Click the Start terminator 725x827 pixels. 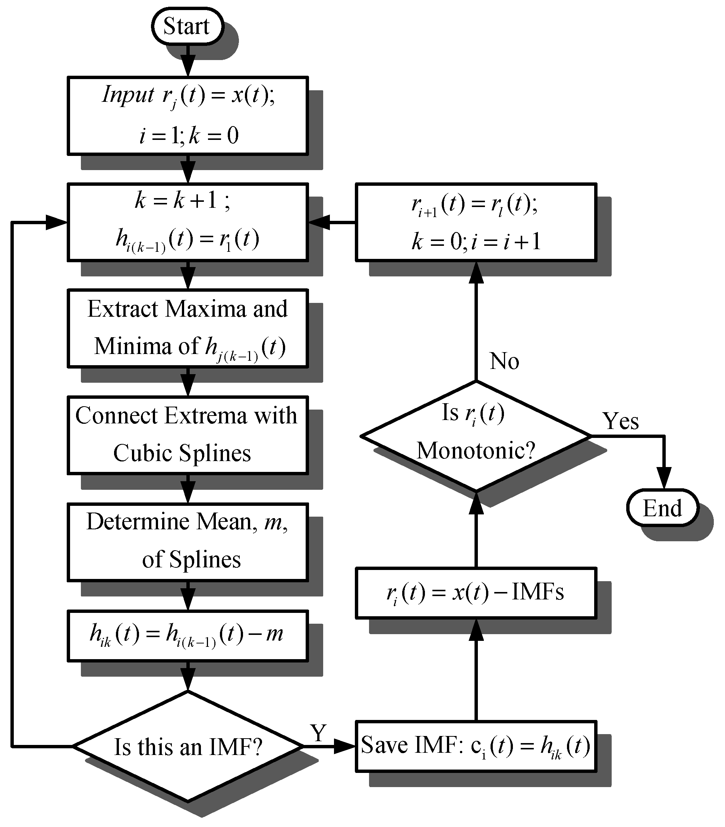187,26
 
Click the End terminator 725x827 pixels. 662,508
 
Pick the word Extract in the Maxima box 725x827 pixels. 123,309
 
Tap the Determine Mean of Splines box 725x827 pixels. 187,541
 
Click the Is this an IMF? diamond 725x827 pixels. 187,746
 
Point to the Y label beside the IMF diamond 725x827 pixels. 318,733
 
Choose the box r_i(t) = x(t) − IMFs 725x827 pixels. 476,593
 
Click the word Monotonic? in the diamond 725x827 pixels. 476,450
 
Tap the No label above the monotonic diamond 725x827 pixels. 504,360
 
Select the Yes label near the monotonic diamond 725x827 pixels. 621,421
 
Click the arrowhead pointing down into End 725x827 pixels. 664,478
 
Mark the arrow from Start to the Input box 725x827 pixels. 188,61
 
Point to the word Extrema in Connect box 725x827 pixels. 205,416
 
